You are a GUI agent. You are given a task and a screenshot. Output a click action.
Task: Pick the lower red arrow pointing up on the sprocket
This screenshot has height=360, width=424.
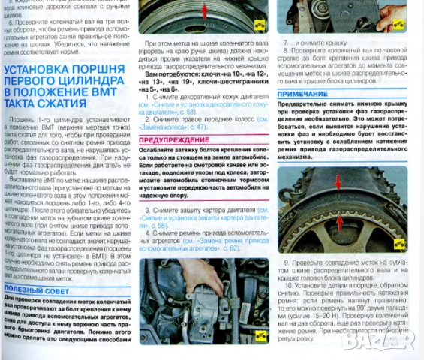(x=339, y=221)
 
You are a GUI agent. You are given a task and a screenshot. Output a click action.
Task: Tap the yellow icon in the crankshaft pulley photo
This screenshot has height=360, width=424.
(x=260, y=24)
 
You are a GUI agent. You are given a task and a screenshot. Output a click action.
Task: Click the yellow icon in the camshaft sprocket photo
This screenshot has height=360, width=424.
(x=399, y=243)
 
